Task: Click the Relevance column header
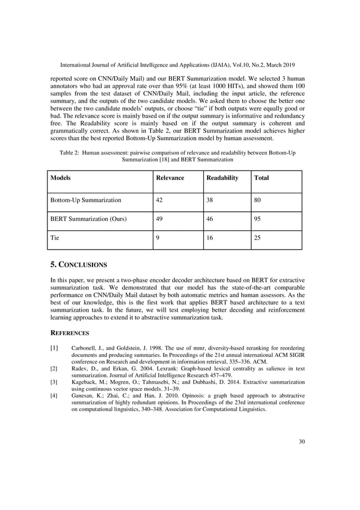pos(170,178)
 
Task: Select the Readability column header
pos(222,178)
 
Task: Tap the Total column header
pos(261,178)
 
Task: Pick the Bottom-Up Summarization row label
pos(85,199)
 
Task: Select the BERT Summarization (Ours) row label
pos(89,219)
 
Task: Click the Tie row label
pos(55,238)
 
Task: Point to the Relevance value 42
pos(160,199)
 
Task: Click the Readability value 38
pos(209,199)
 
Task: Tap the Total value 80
pos(258,199)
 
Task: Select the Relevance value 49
pos(160,219)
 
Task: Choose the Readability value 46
pos(209,219)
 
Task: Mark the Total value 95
pos(258,219)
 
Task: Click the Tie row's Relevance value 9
pos(157,238)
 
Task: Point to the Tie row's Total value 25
pos(258,238)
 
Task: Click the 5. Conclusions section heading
pos(78,264)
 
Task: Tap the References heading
pos(71,333)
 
